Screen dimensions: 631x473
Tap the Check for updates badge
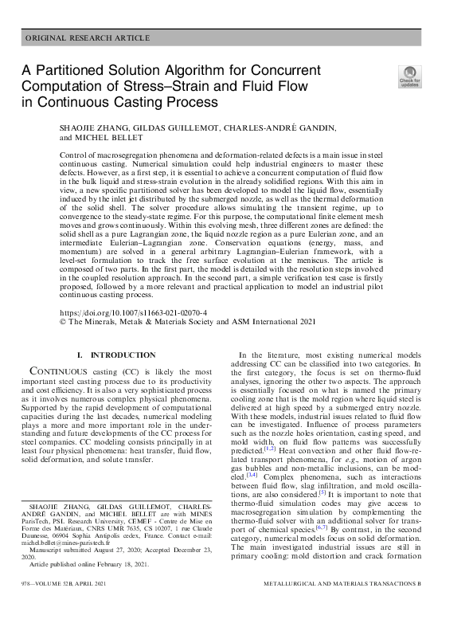tap(409, 76)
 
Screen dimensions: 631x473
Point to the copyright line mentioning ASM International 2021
tap(188, 323)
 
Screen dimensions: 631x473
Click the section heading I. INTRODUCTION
tap(115, 355)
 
